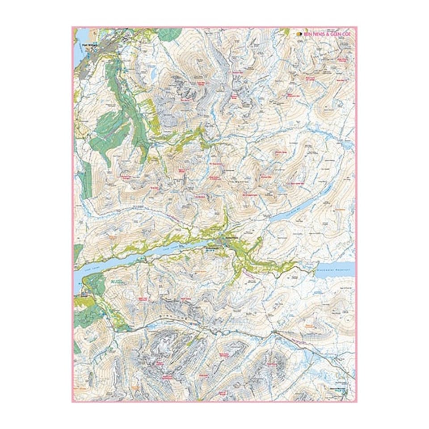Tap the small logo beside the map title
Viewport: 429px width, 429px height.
point(299,34)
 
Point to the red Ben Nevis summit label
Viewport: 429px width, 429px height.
point(183,100)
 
